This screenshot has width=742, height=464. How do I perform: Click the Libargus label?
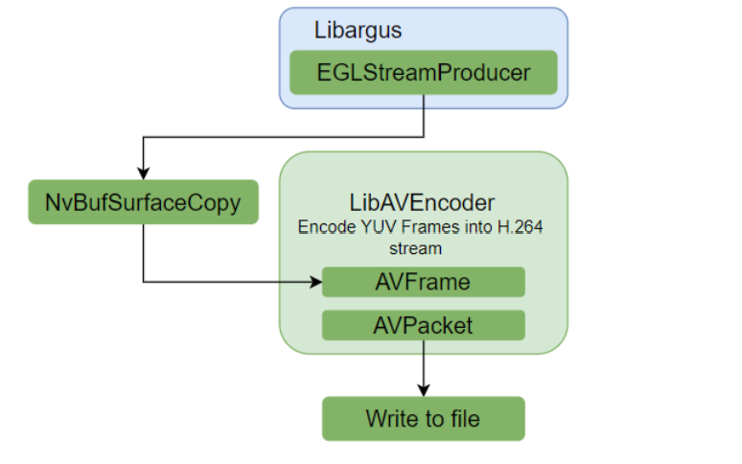pos(358,30)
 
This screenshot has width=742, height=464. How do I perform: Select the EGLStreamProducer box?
pos(423,72)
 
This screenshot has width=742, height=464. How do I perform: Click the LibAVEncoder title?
pos(423,202)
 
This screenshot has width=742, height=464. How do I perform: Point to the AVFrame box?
pos(423,282)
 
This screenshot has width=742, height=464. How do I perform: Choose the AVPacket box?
pos(423,325)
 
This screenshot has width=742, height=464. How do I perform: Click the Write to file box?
pos(423,418)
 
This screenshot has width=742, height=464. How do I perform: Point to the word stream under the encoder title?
pos(423,248)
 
